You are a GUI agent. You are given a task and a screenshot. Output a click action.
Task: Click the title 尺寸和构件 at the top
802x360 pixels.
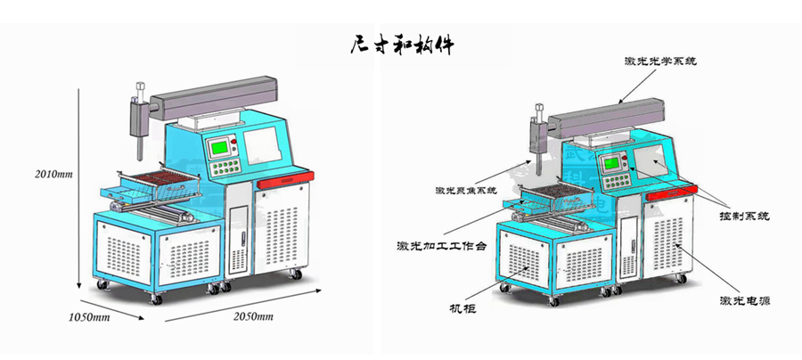[x=402, y=45]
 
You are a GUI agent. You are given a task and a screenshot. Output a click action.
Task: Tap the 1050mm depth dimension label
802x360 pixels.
[x=89, y=316]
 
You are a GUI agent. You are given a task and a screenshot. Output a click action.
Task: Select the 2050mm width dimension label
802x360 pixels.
[x=253, y=316]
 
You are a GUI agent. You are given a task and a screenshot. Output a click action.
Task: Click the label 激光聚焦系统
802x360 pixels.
[x=465, y=191]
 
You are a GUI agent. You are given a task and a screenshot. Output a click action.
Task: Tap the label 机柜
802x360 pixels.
[x=462, y=310]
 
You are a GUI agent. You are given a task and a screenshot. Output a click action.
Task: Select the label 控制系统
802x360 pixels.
[x=745, y=217]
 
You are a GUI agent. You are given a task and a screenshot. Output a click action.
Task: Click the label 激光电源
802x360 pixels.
[x=745, y=301]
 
